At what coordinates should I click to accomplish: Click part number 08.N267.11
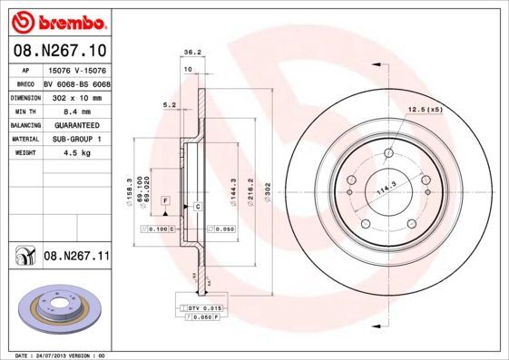coord(76,257)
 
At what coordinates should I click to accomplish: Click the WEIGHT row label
coord(24,153)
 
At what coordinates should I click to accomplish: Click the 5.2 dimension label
coord(169,105)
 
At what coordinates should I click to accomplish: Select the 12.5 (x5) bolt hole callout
coord(426,109)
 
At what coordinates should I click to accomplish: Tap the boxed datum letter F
coord(166,199)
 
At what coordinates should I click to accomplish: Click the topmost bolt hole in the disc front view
coord(389,153)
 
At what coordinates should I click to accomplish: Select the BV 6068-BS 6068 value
coord(75,82)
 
